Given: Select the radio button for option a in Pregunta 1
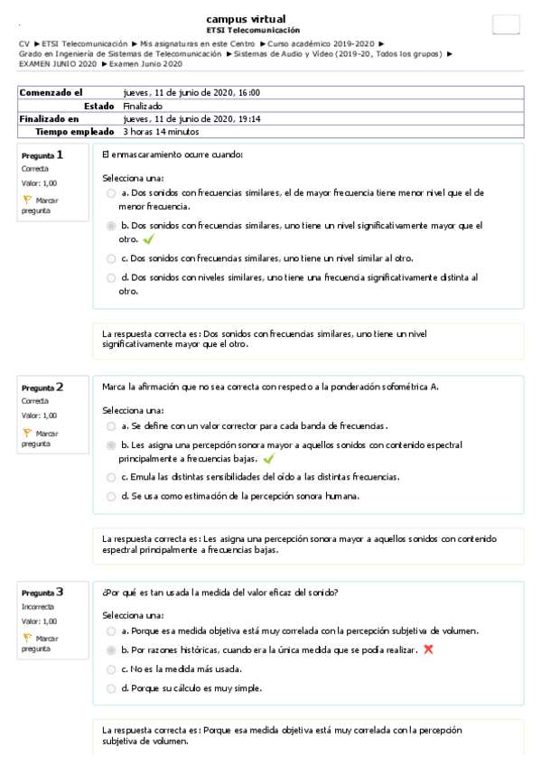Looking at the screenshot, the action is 110,193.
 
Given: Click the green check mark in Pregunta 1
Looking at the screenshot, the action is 148,239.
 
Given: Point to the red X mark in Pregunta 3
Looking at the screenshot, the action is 428,649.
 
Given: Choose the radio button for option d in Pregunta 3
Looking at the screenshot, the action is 110,688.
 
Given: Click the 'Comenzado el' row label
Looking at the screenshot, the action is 51,92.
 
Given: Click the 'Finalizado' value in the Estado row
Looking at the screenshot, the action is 143,106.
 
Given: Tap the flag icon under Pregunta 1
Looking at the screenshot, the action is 27,200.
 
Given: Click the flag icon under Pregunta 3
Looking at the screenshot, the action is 27,638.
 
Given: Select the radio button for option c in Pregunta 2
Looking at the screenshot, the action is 110,477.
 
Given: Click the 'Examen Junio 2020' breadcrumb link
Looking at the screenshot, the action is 146,63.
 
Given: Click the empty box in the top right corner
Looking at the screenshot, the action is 506,25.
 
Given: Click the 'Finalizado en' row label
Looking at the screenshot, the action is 49,118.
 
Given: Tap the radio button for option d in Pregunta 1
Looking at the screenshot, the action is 110,278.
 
